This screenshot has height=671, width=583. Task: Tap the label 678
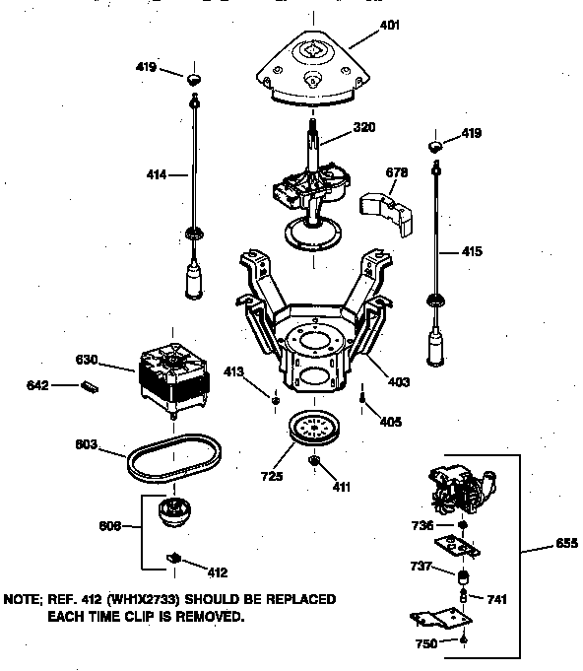[x=396, y=173]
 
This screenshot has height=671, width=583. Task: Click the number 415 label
[x=472, y=251]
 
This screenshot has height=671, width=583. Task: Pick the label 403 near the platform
[x=398, y=381]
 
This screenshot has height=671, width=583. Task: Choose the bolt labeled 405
[x=363, y=400]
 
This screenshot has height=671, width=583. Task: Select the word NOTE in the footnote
[x=25, y=599]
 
